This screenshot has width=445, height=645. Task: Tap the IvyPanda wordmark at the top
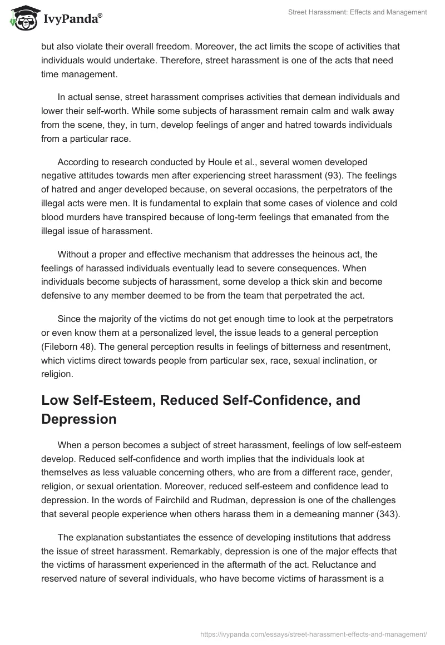tap(72, 18)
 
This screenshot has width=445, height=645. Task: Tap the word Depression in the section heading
tap(79, 419)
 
